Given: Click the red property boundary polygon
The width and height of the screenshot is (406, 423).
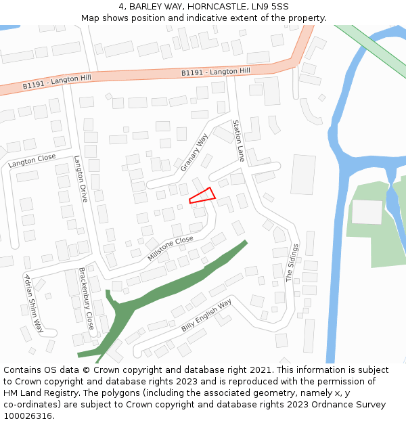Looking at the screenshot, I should click(x=202, y=196).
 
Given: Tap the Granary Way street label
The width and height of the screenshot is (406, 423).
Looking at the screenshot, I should click(x=194, y=152).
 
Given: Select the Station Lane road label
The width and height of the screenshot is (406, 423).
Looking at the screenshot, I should click(x=238, y=140).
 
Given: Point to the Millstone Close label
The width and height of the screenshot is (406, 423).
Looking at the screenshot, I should click(x=171, y=248).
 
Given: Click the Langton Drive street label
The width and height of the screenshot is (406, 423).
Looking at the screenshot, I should click(x=81, y=179).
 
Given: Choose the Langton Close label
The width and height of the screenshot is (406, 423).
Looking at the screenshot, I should click(x=32, y=160).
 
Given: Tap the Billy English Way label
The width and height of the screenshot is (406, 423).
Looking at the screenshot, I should click(x=206, y=315).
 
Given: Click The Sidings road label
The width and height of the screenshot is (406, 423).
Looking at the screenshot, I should click(x=292, y=263).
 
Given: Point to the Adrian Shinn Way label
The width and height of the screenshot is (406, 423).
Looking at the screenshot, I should click(x=33, y=305).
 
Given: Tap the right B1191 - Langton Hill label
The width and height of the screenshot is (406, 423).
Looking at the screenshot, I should click(x=215, y=71).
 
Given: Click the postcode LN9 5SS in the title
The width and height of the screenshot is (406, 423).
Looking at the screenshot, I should click(x=275, y=6).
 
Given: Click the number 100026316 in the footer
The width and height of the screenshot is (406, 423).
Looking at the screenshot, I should click(x=28, y=416).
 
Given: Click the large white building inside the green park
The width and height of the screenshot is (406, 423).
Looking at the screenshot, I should click(x=367, y=212).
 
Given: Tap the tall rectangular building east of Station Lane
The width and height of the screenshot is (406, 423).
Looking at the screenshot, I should click(x=302, y=175).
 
